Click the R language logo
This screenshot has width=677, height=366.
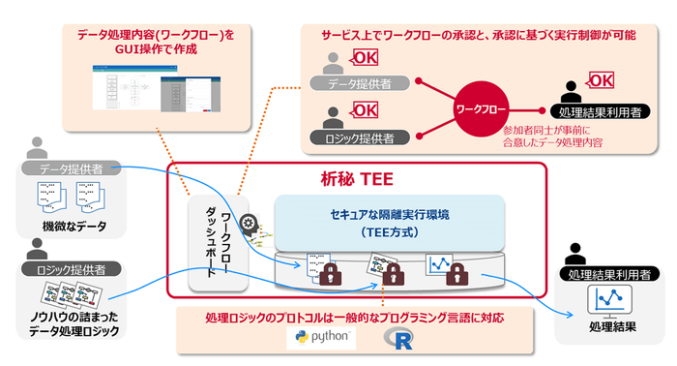point(397,338)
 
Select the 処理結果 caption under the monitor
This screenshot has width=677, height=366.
point(610,326)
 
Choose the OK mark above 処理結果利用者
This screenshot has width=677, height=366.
point(601,80)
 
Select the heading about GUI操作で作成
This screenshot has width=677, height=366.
point(156,42)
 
